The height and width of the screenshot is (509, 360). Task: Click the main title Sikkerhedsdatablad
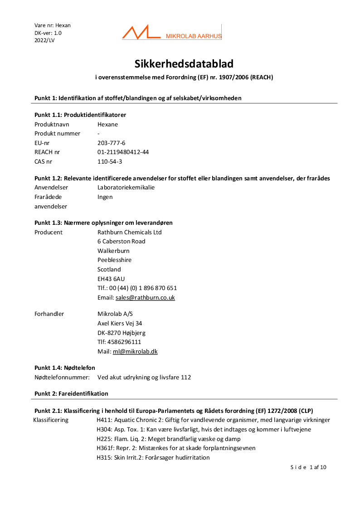[184, 63]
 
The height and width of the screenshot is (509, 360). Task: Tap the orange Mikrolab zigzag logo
[141, 33]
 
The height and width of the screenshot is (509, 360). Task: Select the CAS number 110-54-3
[110, 161]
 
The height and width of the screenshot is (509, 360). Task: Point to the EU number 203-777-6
[111, 143]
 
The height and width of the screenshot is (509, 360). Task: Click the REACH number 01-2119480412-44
[123, 152]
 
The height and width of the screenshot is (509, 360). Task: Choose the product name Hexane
[107, 124]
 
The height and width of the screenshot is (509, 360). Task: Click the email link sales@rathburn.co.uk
[145, 298]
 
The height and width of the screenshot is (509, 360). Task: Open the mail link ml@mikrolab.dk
[135, 351]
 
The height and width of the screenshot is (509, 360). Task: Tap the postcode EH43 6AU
[111, 279]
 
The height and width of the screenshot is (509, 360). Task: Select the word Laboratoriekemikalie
[126, 187]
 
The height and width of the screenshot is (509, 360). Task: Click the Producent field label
[49, 232]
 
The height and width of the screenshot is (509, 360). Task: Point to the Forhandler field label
[49, 314]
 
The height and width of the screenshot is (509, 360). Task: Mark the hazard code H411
[103, 420]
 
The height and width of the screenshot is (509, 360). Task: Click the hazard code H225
[103, 439]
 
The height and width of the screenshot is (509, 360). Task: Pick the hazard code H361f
[105, 448]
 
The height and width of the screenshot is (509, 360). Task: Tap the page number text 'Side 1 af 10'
[308, 467]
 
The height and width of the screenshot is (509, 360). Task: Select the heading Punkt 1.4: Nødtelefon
[65, 368]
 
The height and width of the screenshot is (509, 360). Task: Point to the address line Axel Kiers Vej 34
[120, 323]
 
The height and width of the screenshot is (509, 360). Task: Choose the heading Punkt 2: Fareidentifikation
[71, 393]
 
